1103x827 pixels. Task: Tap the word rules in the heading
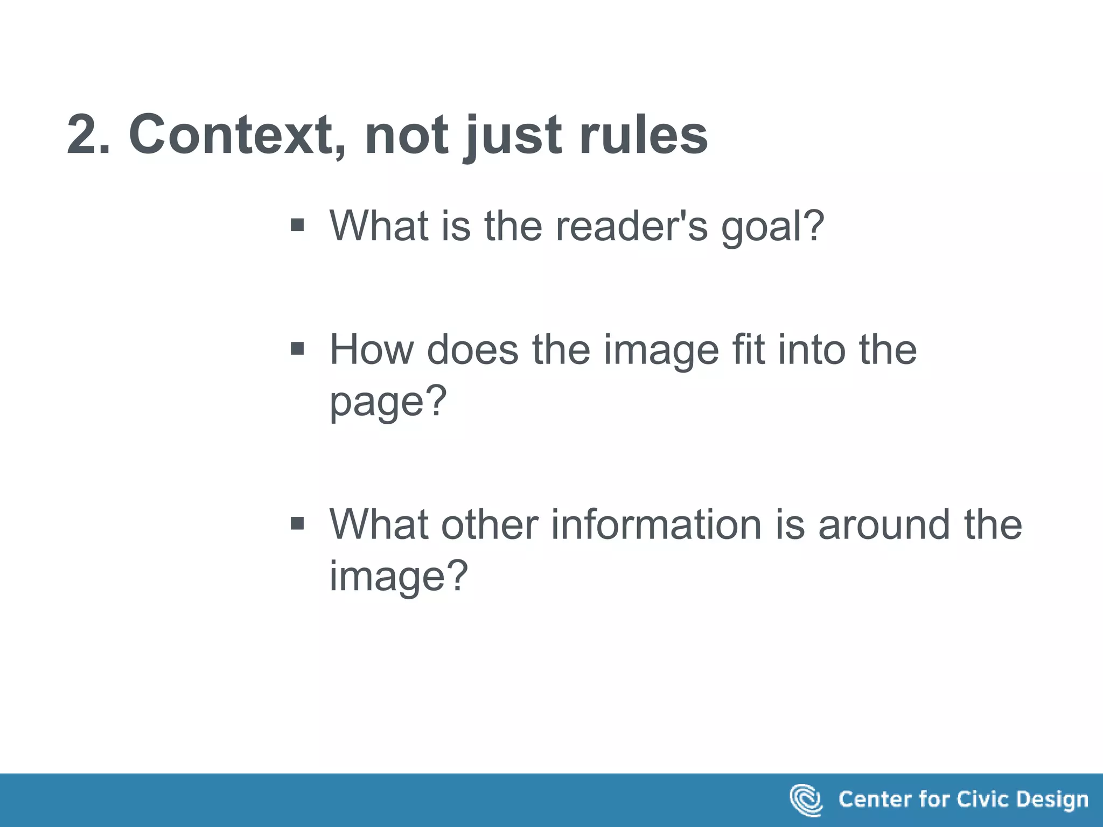[643, 135]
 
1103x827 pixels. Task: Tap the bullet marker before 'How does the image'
[297, 349]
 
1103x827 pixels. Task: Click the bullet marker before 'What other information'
[297, 523]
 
